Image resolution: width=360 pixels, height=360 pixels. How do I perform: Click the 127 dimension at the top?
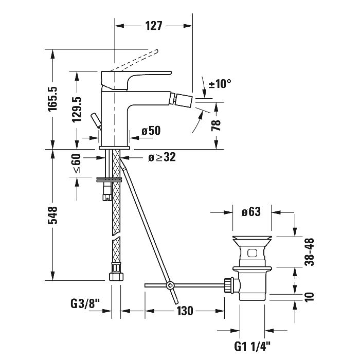(153, 26)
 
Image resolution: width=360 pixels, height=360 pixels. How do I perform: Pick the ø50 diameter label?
(151, 131)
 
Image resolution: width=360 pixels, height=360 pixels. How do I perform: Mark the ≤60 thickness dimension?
(78, 164)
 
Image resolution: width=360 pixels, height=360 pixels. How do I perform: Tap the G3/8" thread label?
(84, 311)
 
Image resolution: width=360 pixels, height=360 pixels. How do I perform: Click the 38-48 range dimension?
(309, 251)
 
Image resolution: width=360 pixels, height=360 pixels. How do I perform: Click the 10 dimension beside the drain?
(309, 297)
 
